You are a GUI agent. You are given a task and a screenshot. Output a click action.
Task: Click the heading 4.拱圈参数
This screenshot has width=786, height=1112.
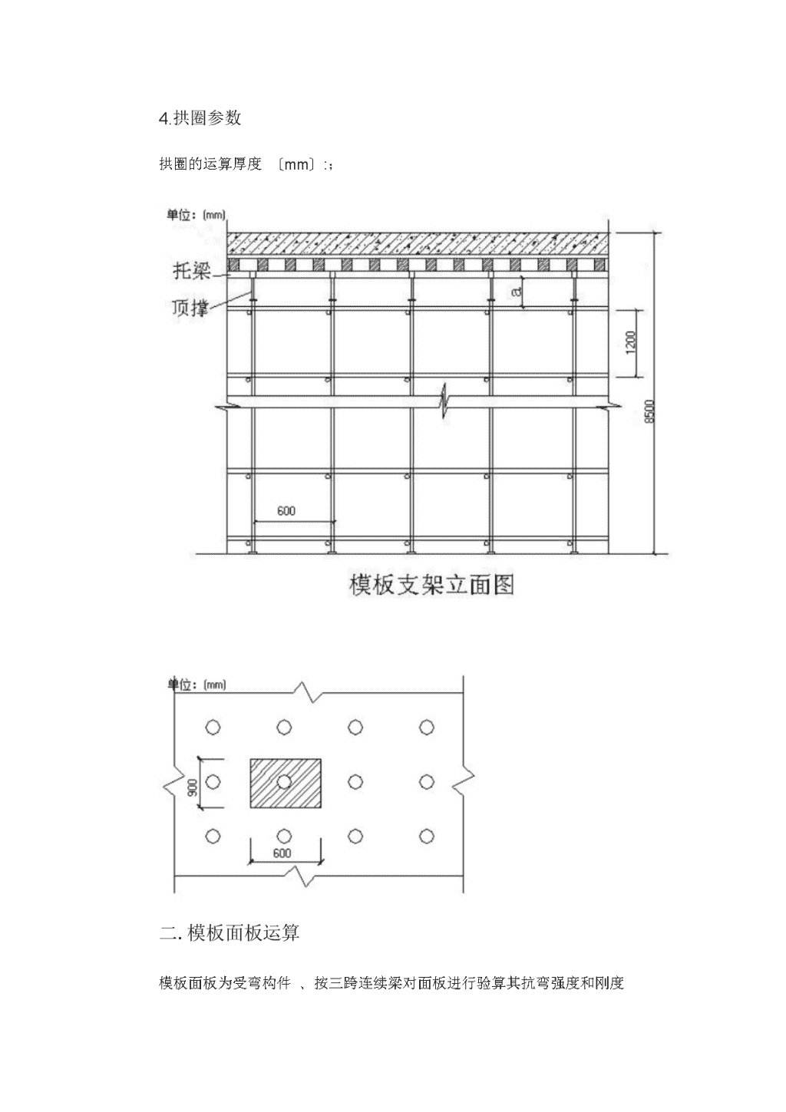point(200,118)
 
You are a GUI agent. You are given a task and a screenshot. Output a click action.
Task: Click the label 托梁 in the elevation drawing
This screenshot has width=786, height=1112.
point(192,271)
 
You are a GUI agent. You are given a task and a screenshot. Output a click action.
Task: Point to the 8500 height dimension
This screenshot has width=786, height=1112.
point(650,411)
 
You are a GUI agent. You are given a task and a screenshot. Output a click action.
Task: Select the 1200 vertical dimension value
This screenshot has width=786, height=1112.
point(631,342)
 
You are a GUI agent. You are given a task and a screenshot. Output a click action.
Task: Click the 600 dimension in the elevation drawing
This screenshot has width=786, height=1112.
point(286,511)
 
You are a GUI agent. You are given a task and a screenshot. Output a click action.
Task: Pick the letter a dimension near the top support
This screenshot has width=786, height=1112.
point(517,292)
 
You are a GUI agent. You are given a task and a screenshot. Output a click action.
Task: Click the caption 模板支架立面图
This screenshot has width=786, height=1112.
point(431,585)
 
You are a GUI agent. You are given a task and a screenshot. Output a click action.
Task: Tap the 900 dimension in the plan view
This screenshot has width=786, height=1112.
point(192,787)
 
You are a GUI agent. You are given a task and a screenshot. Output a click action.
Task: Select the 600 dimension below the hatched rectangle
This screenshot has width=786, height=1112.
point(282,853)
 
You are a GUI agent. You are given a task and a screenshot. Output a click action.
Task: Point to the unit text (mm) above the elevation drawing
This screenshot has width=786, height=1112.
point(214,215)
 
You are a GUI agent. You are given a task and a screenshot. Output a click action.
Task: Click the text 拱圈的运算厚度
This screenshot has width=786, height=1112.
point(210,163)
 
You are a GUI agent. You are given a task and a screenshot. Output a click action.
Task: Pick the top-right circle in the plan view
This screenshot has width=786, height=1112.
point(427,728)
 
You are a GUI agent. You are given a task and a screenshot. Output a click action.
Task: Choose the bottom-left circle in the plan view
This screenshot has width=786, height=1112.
point(213,836)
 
